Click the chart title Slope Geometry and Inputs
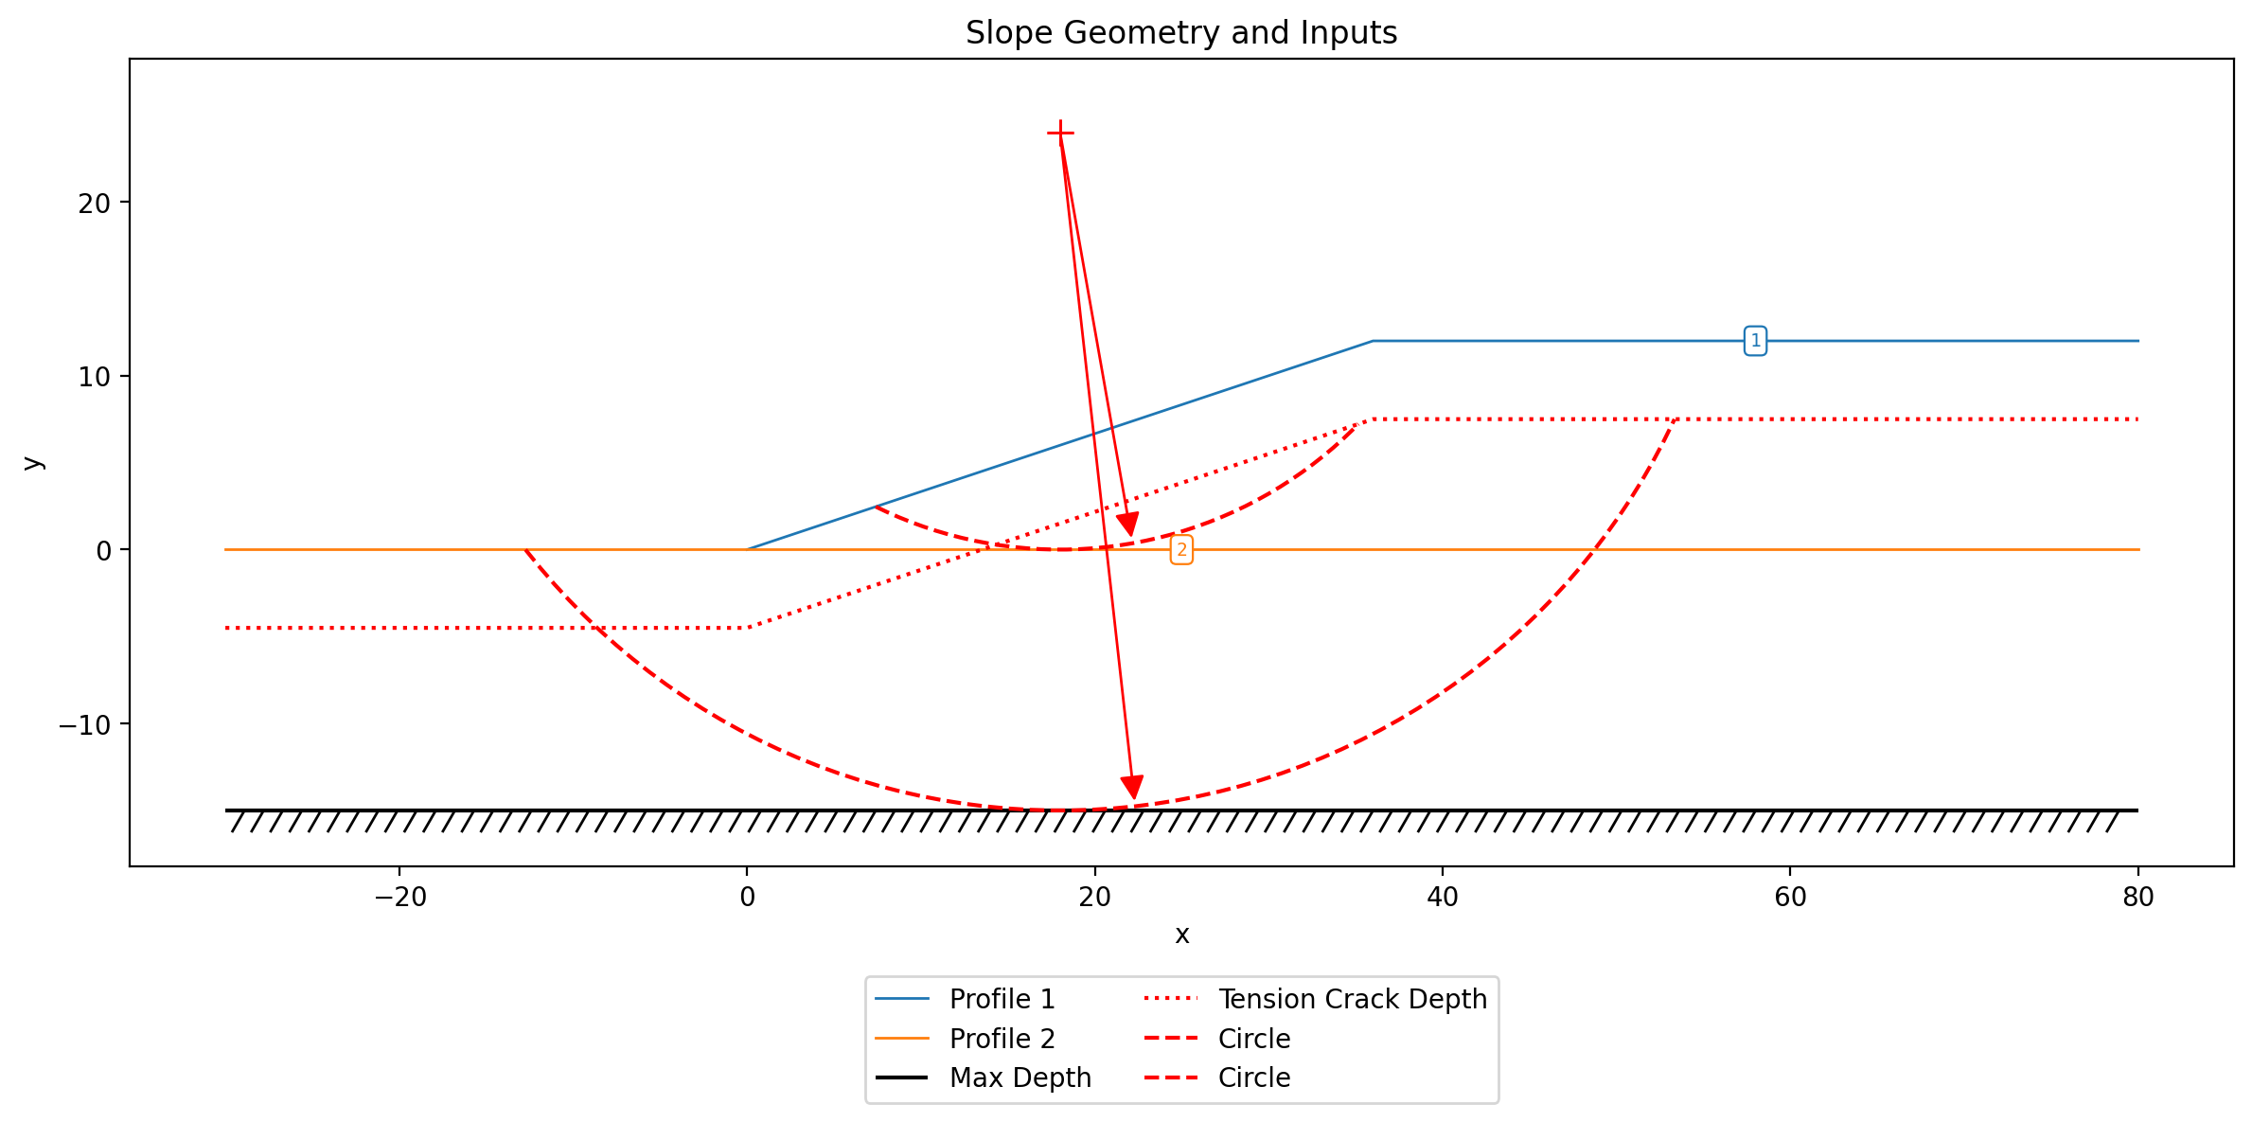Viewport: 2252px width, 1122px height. pyautogui.click(x=1181, y=33)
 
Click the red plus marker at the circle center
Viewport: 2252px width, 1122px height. pyautogui.click(x=1060, y=134)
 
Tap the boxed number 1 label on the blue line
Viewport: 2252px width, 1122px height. pyautogui.click(x=1755, y=341)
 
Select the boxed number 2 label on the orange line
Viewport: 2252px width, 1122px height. pyautogui.click(x=1181, y=550)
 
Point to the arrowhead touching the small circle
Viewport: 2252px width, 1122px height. pyautogui.click(x=1128, y=525)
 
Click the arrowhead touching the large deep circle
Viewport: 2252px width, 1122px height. pyautogui.click(x=1132, y=787)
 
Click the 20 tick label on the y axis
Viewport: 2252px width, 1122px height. pyautogui.click(x=95, y=204)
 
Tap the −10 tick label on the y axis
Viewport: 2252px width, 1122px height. pyautogui.click(x=85, y=725)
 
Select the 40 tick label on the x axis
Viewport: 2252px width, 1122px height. pyautogui.click(x=1443, y=897)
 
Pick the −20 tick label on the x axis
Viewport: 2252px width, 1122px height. pyautogui.click(x=399, y=897)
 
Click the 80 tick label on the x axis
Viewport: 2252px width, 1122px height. pyautogui.click(x=2138, y=897)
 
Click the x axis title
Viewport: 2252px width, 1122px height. pyautogui.click(x=1181, y=935)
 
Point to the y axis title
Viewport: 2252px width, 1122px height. pyautogui.click(x=33, y=462)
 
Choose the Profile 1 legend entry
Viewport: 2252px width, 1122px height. pyautogui.click(x=964, y=999)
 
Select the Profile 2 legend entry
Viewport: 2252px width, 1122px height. pyautogui.click(x=964, y=1039)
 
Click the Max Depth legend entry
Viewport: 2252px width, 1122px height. pyautogui.click(x=983, y=1077)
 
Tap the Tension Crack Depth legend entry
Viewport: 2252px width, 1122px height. pyautogui.click(x=1316, y=999)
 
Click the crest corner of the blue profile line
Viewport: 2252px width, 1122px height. pyautogui.click(x=1373, y=341)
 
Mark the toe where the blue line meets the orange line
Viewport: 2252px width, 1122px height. pyautogui.click(x=748, y=549)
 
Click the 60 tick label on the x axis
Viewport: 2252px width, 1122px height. pyautogui.click(x=1790, y=897)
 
